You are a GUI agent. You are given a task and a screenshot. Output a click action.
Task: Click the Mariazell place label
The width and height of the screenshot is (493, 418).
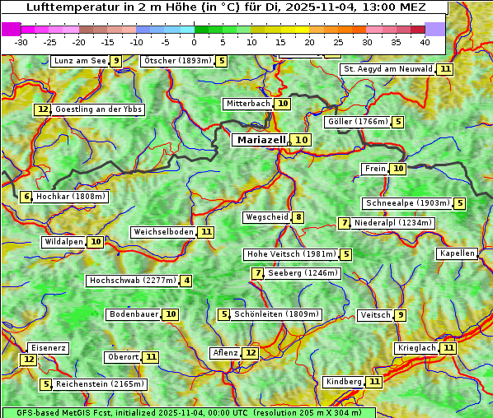coord(261,140)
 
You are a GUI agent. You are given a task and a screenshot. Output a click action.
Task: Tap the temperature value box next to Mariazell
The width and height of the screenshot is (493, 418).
coord(302,140)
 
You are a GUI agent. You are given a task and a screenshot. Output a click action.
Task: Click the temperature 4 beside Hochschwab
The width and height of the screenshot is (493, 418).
coord(187,281)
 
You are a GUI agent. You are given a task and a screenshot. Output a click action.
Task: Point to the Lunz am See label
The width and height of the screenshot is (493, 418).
coord(80,61)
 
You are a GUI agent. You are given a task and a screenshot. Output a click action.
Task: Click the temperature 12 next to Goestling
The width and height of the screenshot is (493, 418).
coord(43,109)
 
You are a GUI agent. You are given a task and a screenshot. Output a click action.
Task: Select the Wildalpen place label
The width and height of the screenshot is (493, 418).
coord(64,242)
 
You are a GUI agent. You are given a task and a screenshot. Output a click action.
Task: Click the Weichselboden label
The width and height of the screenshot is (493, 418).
coord(164,232)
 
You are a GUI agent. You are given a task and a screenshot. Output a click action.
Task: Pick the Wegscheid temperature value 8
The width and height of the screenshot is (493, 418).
coord(298,217)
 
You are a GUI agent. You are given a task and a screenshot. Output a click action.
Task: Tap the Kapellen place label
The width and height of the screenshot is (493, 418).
coord(457,253)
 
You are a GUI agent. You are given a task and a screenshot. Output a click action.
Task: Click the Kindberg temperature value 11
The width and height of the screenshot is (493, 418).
coord(374,382)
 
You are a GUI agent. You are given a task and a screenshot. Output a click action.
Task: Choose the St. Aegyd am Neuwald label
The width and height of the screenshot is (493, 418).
coord(387,69)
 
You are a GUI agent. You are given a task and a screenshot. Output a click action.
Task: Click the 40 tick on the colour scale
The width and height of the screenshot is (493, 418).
coord(424,42)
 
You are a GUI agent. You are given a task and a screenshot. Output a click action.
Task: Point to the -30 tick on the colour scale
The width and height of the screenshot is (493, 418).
coord(21,42)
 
